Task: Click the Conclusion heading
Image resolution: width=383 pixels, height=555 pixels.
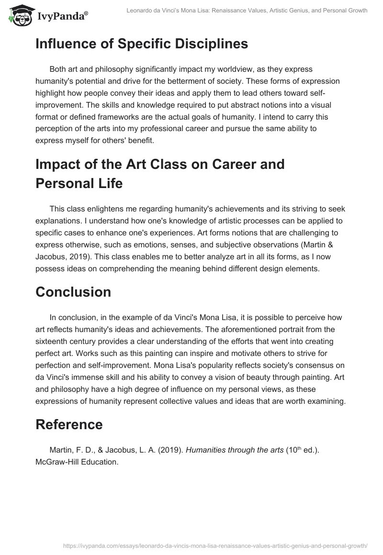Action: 73,292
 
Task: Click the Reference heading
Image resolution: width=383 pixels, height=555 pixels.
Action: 69,424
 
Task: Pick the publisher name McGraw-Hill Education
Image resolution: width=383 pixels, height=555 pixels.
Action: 76,463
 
